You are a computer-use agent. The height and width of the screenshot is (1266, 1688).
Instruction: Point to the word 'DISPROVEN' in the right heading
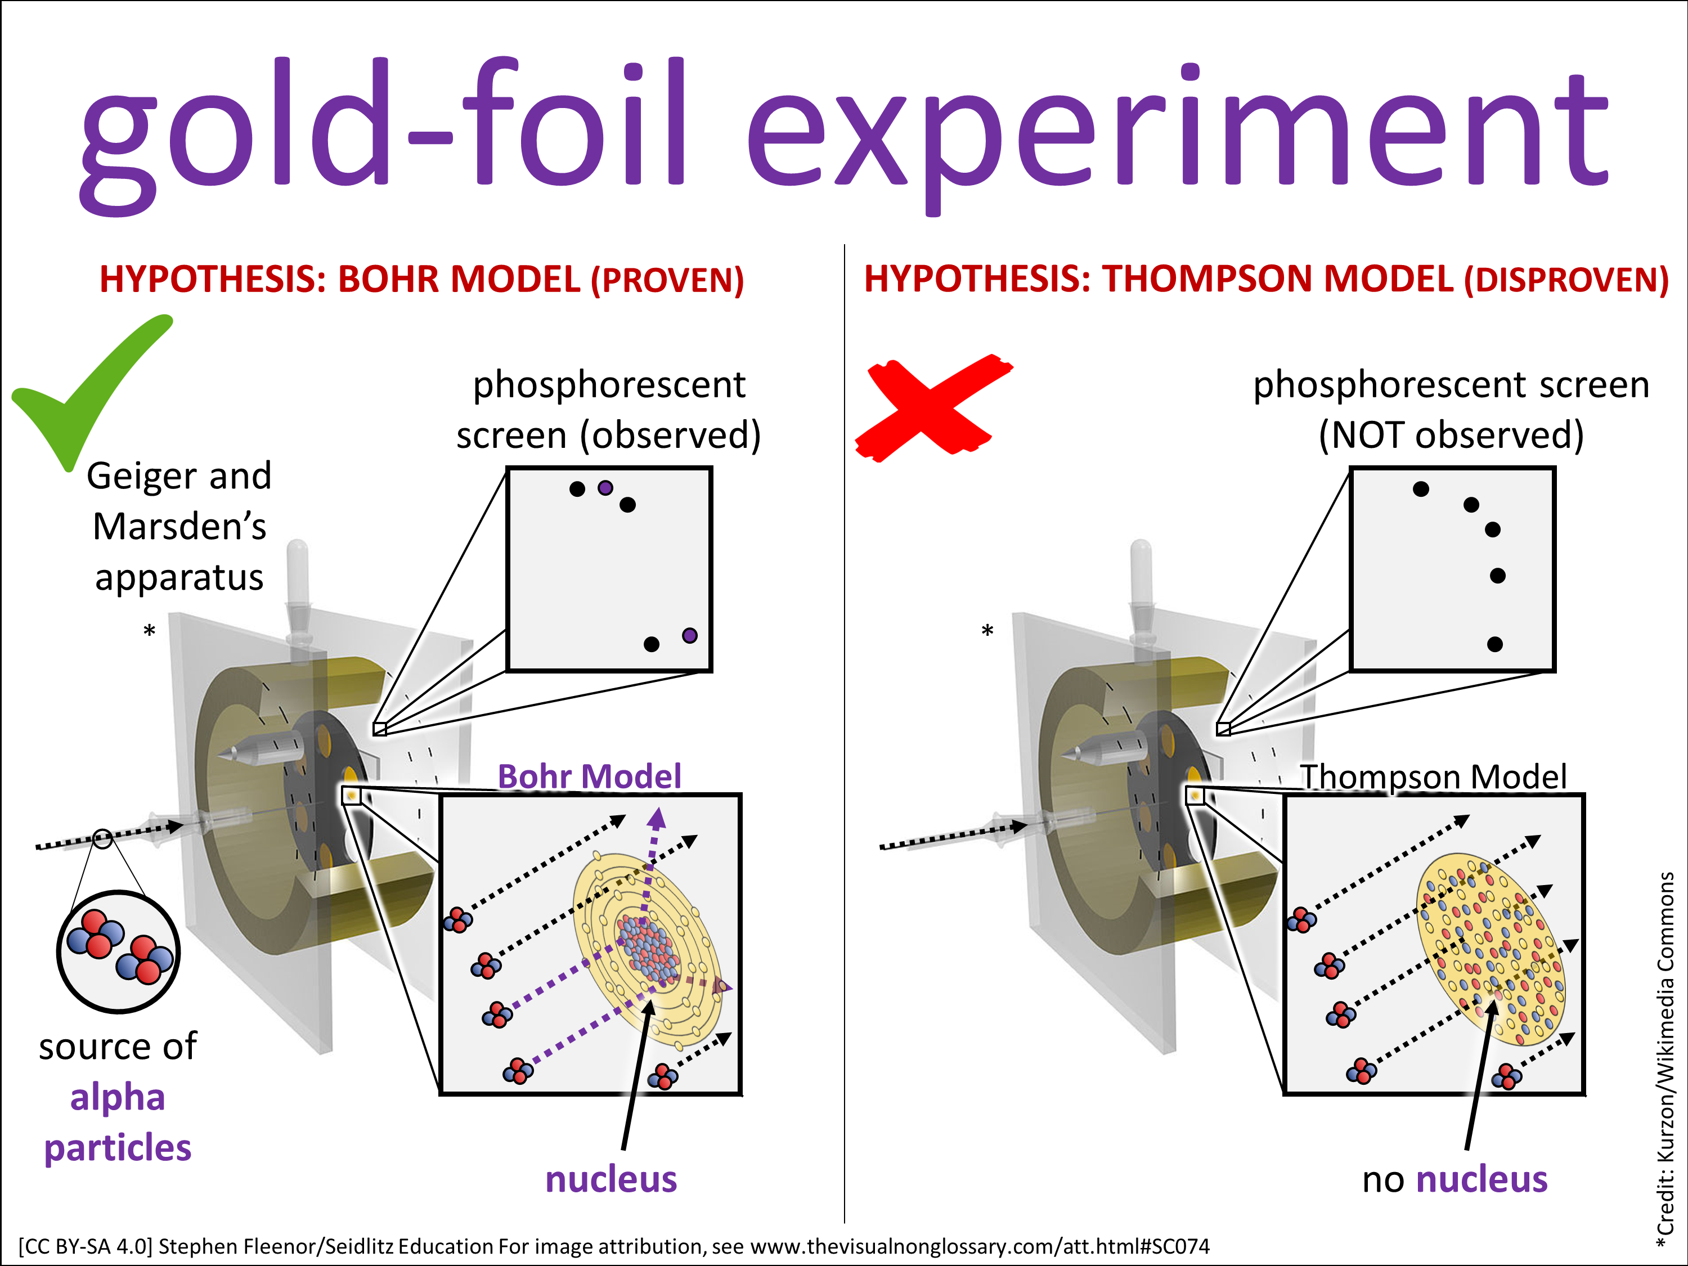point(1566,280)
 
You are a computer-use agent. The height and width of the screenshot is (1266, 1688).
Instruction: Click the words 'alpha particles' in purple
point(118,1123)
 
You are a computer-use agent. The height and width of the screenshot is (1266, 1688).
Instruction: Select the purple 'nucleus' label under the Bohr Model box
point(610,1179)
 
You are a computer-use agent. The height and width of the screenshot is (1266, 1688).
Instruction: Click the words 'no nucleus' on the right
point(1454,1179)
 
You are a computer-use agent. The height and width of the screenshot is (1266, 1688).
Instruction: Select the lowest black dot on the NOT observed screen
point(1495,645)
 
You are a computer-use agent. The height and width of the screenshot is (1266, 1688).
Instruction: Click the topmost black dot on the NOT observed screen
point(1421,489)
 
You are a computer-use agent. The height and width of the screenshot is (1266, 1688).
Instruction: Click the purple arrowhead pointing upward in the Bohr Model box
point(656,819)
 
